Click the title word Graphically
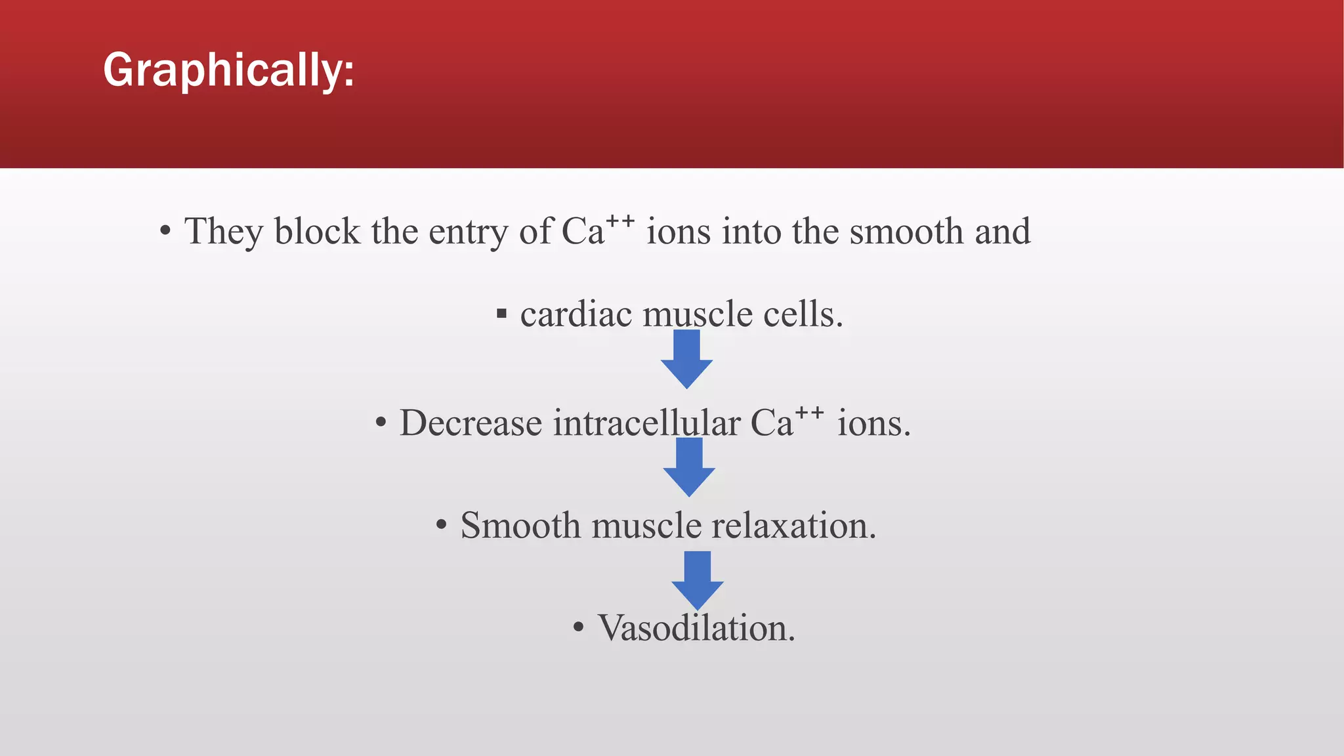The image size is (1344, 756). (x=228, y=70)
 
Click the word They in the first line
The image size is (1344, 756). (x=223, y=232)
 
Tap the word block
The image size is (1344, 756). (x=317, y=232)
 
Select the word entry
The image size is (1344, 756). (x=468, y=233)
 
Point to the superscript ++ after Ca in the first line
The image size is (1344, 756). (x=619, y=220)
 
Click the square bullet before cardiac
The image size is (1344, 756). (x=502, y=314)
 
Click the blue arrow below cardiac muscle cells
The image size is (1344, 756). (x=686, y=360)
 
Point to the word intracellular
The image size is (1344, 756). (x=646, y=423)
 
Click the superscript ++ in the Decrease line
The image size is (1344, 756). (x=809, y=412)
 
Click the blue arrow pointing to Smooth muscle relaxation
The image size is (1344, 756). (x=689, y=467)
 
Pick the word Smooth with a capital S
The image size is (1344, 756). (x=520, y=526)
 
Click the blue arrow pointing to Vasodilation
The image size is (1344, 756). (x=698, y=581)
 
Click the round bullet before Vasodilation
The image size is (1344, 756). (x=578, y=628)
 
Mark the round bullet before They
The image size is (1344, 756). (x=165, y=232)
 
